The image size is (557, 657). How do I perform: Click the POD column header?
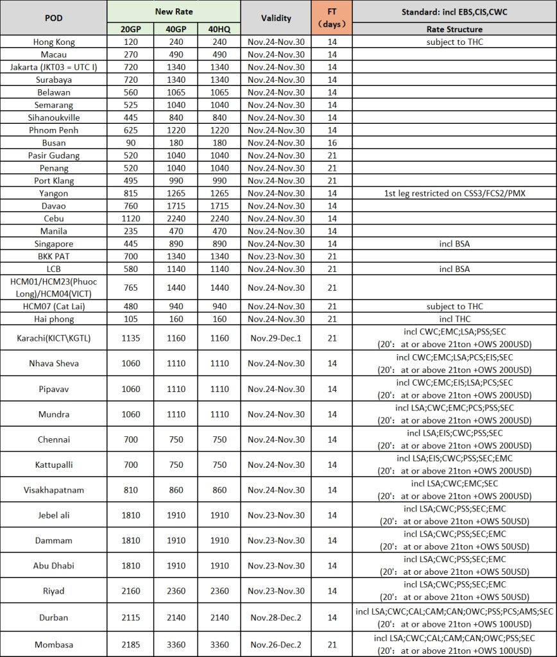coord(53,18)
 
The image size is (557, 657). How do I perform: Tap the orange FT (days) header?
coord(332,18)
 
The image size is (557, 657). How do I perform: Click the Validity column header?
coord(276,18)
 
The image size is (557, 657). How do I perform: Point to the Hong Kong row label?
coord(53,42)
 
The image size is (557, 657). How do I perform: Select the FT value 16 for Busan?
coord(332,142)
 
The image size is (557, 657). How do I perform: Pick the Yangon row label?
coord(53,193)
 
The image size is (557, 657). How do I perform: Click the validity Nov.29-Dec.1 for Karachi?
coord(276,338)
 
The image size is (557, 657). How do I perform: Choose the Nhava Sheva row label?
coord(53,363)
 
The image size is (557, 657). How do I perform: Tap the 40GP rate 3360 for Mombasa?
coord(174,643)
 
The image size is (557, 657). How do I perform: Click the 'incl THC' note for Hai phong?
coord(454,319)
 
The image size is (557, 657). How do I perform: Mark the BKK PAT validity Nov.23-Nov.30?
coord(276,257)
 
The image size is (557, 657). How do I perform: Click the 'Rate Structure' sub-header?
coord(454,29)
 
